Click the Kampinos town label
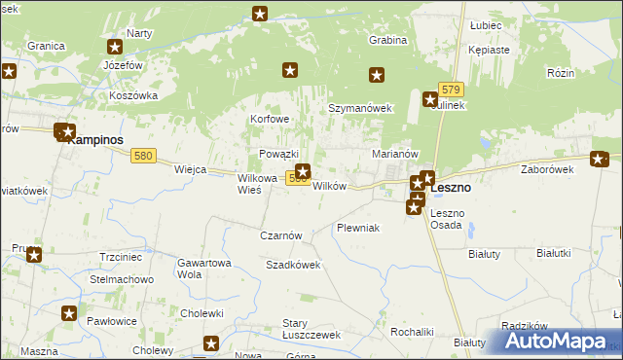pyautogui.click(x=99, y=139)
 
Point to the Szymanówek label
pyautogui.click(x=359, y=108)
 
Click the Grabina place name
pyautogui.click(x=386, y=41)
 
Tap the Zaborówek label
pyautogui.click(x=546, y=168)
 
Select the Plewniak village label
pyautogui.click(x=357, y=227)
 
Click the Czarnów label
pyautogui.click(x=282, y=235)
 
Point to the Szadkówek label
pyautogui.click(x=293, y=265)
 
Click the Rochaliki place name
pyautogui.click(x=411, y=332)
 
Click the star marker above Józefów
pyautogui.click(x=115, y=46)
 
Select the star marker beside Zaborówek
pyautogui.click(x=600, y=160)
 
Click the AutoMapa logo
pyautogui.click(x=559, y=342)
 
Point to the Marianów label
pyautogui.click(x=395, y=154)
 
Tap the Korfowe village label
pyautogui.click(x=270, y=119)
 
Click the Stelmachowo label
pyautogui.click(x=123, y=279)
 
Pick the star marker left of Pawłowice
pyautogui.click(x=69, y=313)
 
